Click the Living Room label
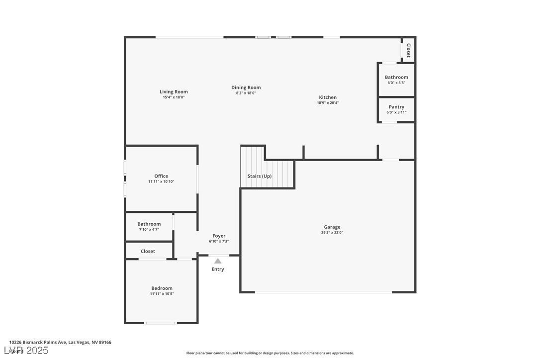click(174, 91)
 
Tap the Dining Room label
click(246, 88)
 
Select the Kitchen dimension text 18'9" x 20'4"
click(328, 103)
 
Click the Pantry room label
click(396, 107)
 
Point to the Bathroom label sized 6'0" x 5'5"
click(396, 77)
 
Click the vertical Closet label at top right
click(408, 50)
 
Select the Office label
click(161, 176)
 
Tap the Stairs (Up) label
click(260, 176)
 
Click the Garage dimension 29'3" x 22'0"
click(332, 232)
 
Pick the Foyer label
click(219, 236)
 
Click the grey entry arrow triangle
click(218, 261)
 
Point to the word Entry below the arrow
click(218, 269)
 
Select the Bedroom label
click(162, 288)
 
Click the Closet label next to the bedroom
click(148, 251)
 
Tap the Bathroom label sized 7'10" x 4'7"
click(149, 224)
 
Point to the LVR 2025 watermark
click(29, 351)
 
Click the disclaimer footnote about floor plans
click(270, 353)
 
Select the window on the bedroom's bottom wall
click(160, 323)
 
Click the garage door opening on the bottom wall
click(324, 292)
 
